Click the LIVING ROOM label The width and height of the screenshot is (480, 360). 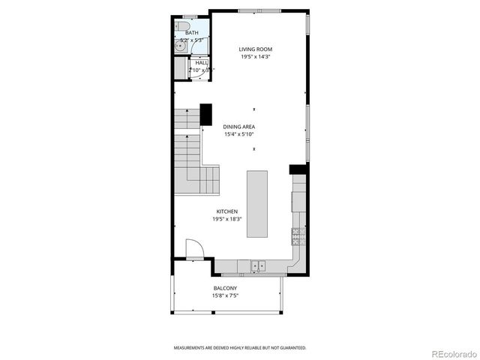tap(256, 49)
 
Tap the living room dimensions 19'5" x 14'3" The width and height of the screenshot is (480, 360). tap(256, 57)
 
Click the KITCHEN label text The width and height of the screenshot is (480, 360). tap(227, 211)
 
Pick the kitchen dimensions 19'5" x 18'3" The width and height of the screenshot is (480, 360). tap(227, 219)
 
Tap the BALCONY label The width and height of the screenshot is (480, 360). tap(225, 288)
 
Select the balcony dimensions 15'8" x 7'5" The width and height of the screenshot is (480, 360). tap(225, 295)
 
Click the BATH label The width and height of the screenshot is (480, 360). tap(193, 33)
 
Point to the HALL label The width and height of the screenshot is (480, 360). tap(202, 63)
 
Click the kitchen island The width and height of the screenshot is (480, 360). tap(257, 203)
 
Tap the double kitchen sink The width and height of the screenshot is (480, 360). tap(257, 265)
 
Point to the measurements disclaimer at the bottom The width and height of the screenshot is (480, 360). tap(240, 348)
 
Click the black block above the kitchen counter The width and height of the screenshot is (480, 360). tap(298, 169)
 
